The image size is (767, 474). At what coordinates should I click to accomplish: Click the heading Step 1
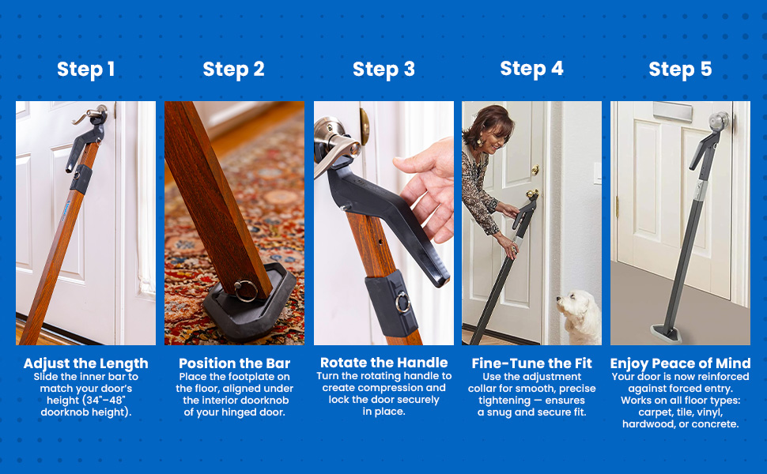pos(85,70)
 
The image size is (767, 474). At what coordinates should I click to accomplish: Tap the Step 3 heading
pos(383,70)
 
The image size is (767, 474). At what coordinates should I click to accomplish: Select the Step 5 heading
pos(680,70)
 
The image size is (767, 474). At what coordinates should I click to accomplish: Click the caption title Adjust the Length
pos(85,363)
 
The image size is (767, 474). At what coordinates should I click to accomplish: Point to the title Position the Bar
pos(234,363)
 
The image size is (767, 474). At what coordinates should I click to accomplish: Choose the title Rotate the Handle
pos(383,363)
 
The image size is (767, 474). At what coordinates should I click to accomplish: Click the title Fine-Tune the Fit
pos(531,363)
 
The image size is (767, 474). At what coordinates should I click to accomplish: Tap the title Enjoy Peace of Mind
pos(680,363)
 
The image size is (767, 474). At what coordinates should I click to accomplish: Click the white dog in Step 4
pos(580,318)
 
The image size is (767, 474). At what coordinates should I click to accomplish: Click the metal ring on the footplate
pos(246,290)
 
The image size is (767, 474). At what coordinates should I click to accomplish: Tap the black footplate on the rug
pos(249,303)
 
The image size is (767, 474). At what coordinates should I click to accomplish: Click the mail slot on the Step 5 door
pos(672,112)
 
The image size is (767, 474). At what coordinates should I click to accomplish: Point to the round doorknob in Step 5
pos(718,121)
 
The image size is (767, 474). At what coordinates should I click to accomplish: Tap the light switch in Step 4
pos(597,174)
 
